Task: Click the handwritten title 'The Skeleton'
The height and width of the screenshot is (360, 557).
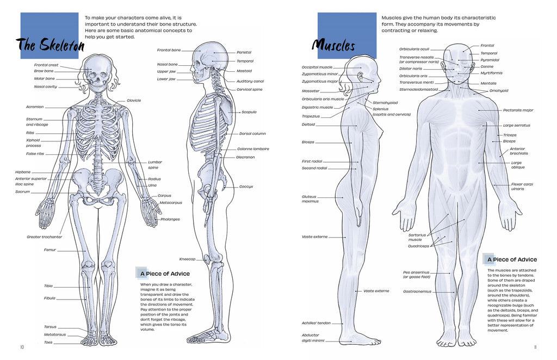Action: [x=50, y=45]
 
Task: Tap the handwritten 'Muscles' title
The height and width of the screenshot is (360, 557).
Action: [x=333, y=46]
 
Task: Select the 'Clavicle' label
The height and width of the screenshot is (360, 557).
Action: [x=134, y=101]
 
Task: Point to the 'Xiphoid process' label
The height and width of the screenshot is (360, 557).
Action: [x=33, y=142]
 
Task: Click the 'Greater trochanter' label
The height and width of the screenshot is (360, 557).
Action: [x=45, y=237]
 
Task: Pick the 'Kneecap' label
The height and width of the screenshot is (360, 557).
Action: [x=187, y=259]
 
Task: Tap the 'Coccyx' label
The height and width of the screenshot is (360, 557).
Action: [x=246, y=187]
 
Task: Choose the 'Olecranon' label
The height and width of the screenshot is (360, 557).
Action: [x=245, y=157]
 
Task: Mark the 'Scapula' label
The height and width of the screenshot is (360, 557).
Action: [x=249, y=112]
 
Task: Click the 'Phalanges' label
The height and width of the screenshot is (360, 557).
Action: [x=170, y=219]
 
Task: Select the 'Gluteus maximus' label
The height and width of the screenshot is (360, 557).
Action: [x=310, y=199]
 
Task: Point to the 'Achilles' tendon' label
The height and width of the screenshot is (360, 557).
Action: [x=316, y=323]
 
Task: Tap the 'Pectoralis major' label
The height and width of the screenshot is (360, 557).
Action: [x=518, y=110]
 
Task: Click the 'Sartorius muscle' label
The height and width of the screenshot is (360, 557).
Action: [x=417, y=237]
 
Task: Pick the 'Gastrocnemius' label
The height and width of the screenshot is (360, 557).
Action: [x=417, y=291]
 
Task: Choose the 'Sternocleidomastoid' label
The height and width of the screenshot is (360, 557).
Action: [x=418, y=90]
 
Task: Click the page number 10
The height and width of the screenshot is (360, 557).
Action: [x=22, y=347]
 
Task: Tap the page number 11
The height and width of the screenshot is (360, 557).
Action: [x=535, y=347]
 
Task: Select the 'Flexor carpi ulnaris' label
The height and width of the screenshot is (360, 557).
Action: [x=522, y=187]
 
